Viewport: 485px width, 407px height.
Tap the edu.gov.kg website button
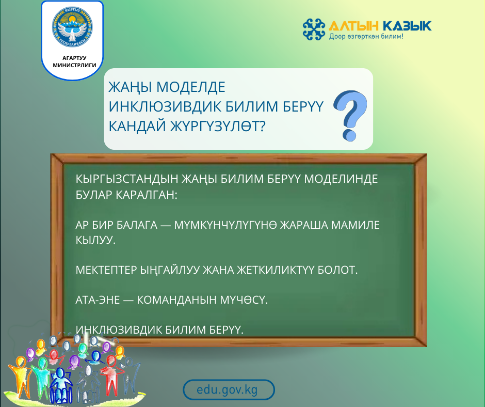click(x=229, y=390)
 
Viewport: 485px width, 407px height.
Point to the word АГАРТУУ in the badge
click(x=72, y=58)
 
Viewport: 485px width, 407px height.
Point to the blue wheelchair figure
click(x=61, y=383)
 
